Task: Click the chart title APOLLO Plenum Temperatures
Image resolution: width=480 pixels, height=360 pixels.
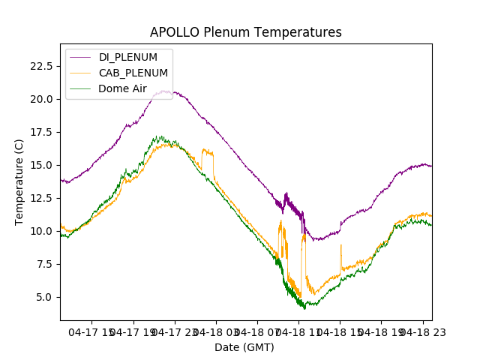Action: point(245,32)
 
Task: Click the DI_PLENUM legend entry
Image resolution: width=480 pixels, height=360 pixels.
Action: point(128,58)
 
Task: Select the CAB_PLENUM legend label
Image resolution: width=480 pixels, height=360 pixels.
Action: point(133,73)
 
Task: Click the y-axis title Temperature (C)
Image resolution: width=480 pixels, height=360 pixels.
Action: point(19,182)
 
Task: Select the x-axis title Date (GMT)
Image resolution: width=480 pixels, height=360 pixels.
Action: point(244,347)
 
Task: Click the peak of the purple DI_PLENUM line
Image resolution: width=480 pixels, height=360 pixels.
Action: point(163,91)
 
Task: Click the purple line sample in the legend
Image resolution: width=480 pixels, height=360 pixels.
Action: point(80,58)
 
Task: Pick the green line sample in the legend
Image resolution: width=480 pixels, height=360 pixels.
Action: point(80,88)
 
